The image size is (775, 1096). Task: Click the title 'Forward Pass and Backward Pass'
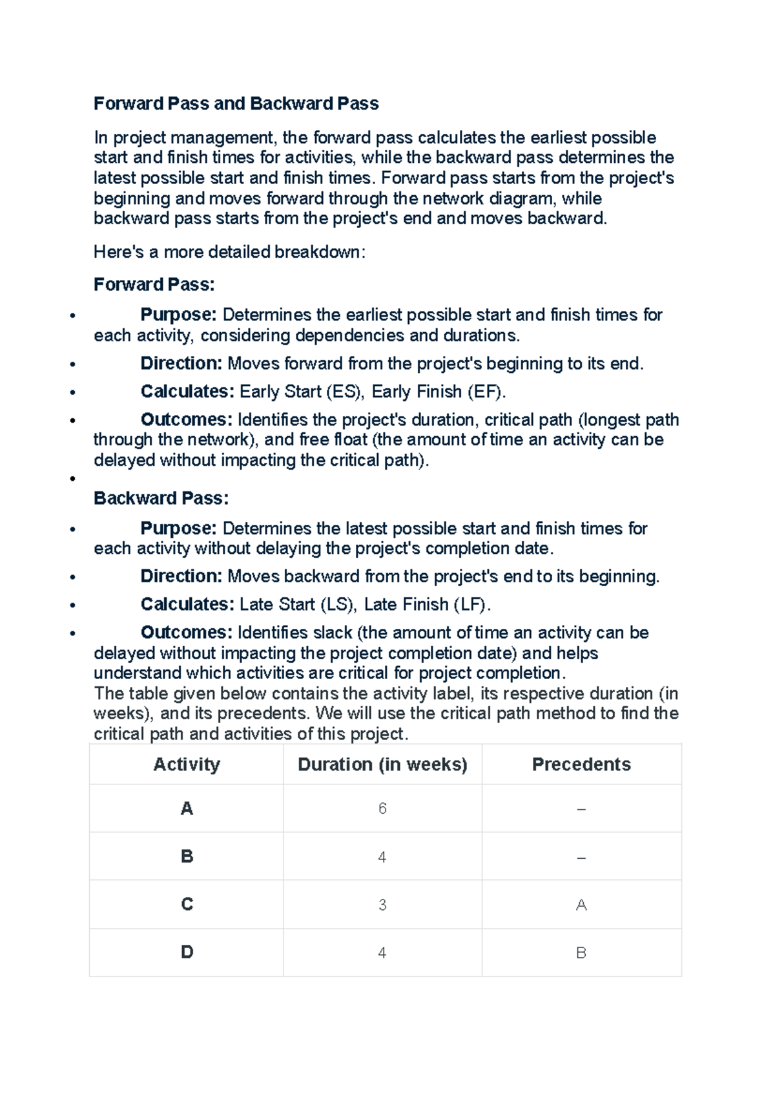point(236,103)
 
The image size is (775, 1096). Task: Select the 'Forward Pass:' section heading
point(154,284)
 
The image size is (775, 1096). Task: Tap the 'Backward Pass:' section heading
point(161,498)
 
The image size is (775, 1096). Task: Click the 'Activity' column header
point(187,764)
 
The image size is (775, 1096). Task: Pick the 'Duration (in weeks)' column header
point(382,764)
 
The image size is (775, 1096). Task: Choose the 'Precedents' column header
point(581,764)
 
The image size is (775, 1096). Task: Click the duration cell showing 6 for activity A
point(382,808)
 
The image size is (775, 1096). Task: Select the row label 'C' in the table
point(187,904)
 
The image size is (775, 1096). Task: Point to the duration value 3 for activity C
point(382,905)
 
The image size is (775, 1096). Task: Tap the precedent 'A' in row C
point(581,905)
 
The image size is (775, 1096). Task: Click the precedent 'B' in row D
point(581,953)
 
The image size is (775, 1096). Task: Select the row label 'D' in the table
point(187,952)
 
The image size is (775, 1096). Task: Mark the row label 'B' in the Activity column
point(187,856)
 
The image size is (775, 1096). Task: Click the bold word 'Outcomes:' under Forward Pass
point(186,419)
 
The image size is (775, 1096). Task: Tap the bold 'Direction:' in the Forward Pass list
point(181,363)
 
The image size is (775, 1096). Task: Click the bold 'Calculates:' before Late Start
point(187,605)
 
